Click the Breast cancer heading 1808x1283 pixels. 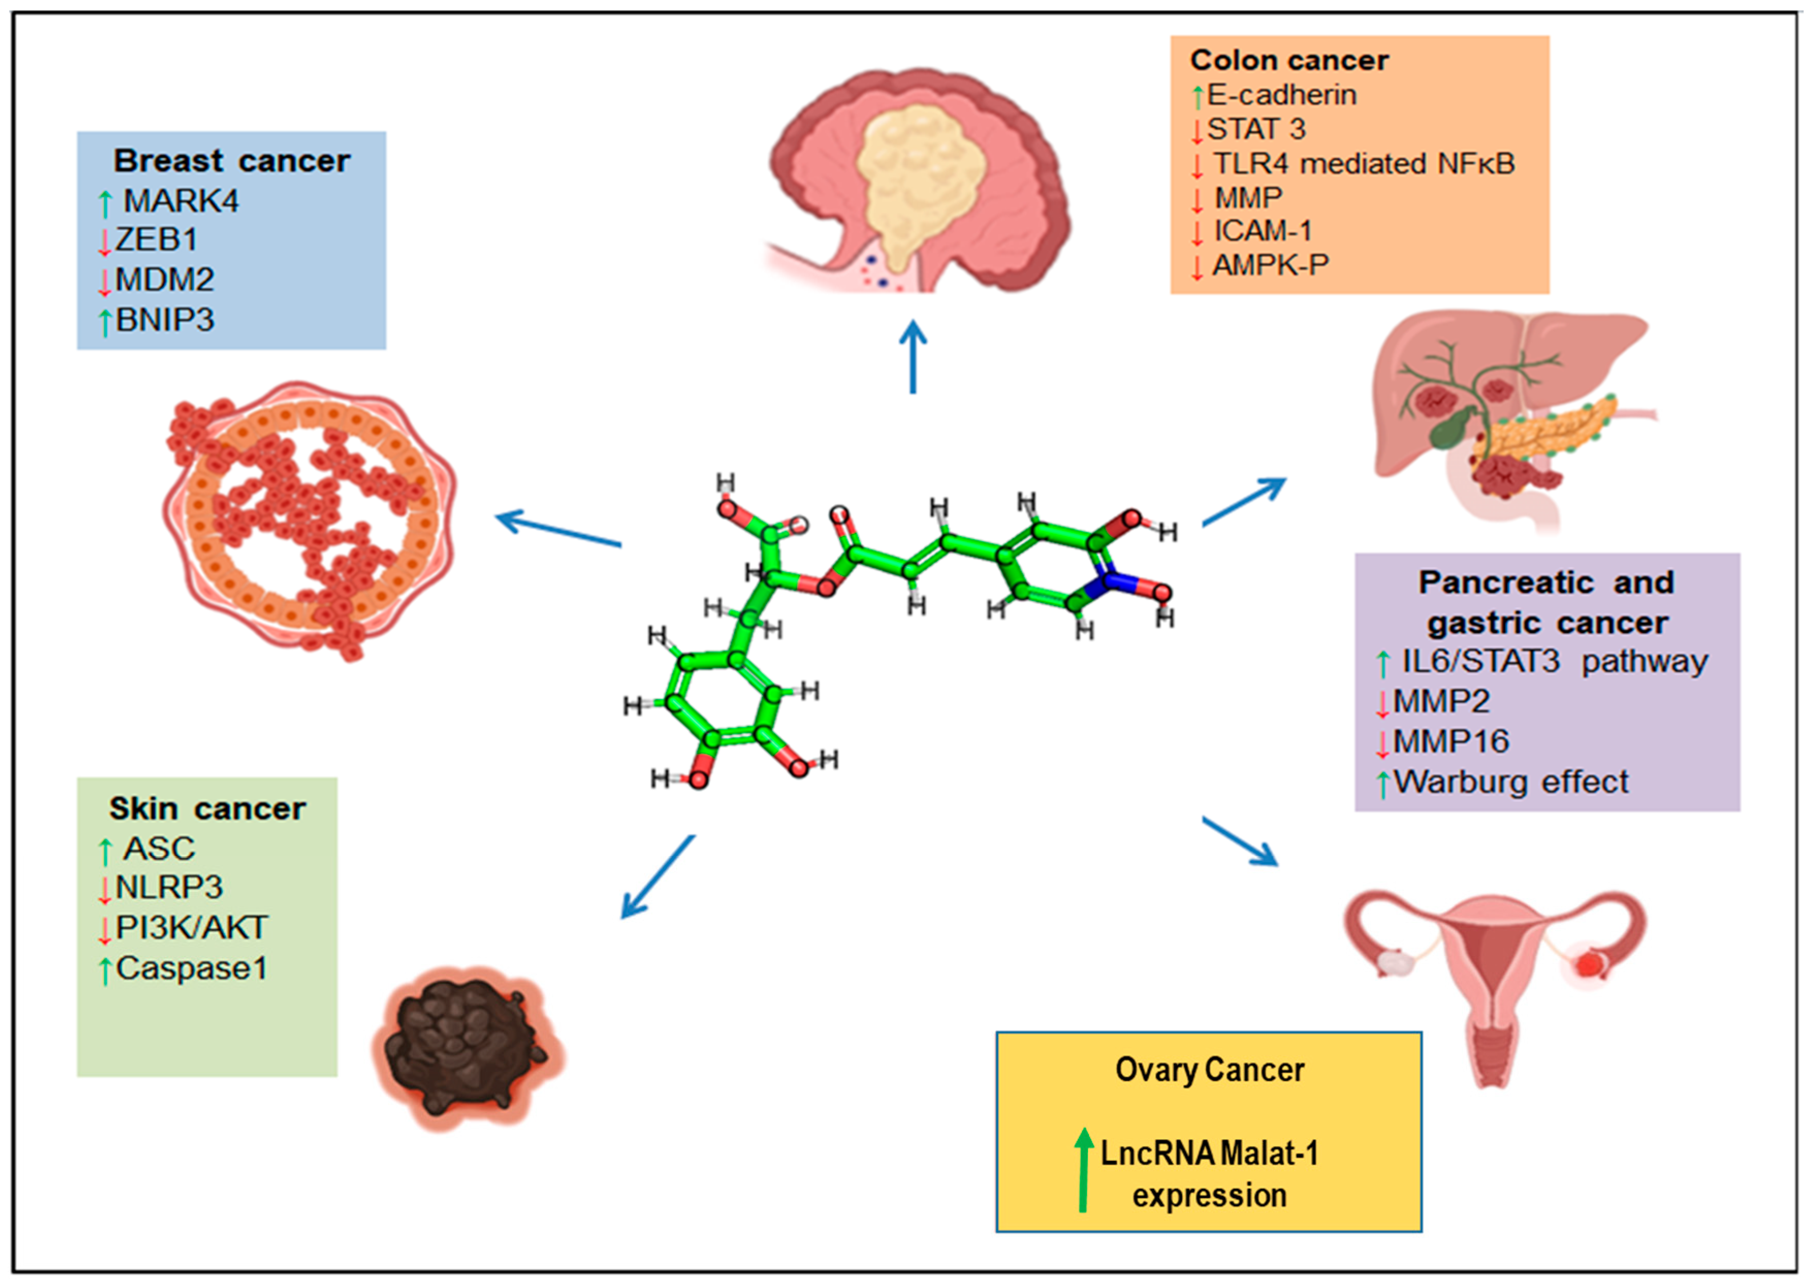coord(232,161)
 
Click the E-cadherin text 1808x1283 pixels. coord(1282,95)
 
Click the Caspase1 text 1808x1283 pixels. coord(192,969)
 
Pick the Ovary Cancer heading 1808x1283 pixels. coord(1209,1070)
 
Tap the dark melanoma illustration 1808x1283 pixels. coord(465,1047)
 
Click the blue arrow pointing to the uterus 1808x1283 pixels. coord(1241,842)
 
